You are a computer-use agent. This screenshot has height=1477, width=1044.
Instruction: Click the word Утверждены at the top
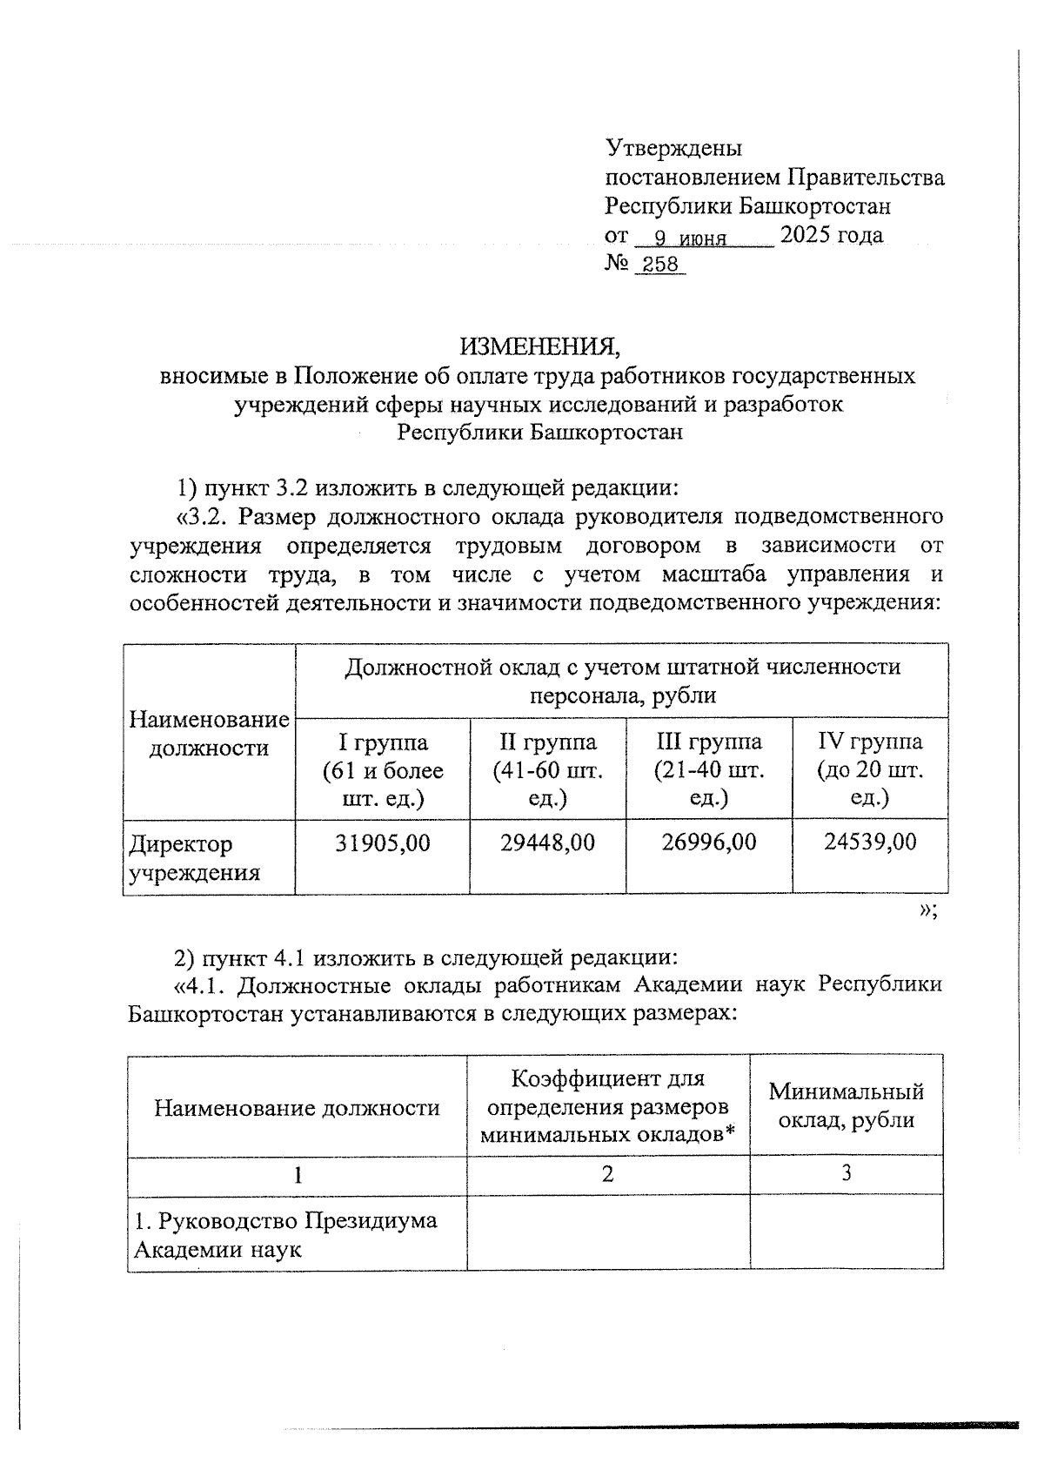673,148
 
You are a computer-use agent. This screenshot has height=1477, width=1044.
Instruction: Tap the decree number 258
660,265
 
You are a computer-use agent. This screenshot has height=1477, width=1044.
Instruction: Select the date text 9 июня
690,238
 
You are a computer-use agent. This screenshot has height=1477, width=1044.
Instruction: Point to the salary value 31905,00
383,842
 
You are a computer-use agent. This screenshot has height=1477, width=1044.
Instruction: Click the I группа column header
383,769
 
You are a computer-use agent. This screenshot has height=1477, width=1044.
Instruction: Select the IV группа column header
870,769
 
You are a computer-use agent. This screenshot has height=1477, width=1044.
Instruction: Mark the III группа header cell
709,769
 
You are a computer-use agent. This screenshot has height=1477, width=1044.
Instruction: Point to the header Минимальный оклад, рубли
846,1105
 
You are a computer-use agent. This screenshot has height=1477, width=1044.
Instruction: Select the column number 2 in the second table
607,1174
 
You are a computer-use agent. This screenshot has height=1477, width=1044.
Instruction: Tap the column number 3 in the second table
846,1173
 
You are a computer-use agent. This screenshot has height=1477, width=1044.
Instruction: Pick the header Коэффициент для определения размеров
607,1106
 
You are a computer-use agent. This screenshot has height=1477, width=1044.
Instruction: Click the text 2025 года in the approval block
832,235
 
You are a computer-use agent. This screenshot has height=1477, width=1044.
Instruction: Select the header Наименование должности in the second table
297,1107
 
